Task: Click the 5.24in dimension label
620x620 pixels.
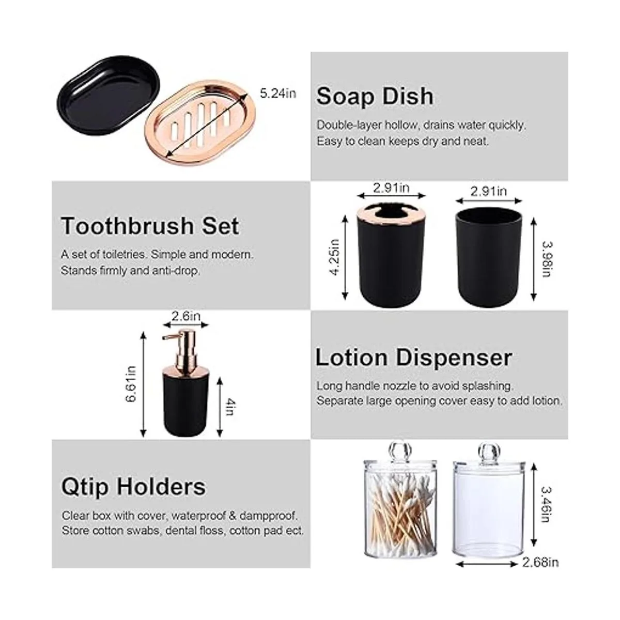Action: (x=277, y=94)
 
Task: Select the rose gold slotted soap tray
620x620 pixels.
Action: (x=200, y=123)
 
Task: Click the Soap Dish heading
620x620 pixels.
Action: (x=375, y=97)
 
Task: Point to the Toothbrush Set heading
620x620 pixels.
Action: (x=150, y=226)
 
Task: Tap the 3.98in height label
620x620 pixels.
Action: (x=547, y=259)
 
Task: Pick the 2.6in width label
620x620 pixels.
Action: (x=185, y=317)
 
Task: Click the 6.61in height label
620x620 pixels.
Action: (x=131, y=384)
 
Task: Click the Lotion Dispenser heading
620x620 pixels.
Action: (x=413, y=358)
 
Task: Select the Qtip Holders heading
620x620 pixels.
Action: (x=133, y=487)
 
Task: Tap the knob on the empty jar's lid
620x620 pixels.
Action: (x=489, y=451)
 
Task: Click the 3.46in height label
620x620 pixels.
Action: (x=547, y=504)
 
